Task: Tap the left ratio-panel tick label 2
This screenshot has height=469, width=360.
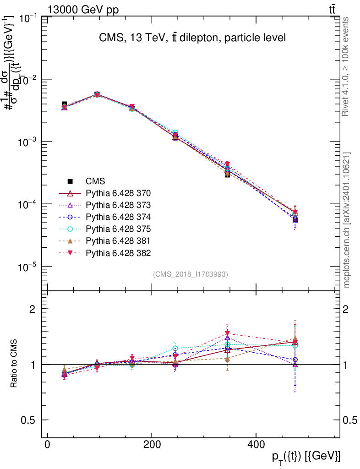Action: (33, 309)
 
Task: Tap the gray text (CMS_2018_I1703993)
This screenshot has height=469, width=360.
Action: (190, 274)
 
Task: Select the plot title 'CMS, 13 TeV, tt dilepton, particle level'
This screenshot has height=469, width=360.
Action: (192, 38)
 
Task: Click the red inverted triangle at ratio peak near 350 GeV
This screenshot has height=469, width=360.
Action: (227, 333)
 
